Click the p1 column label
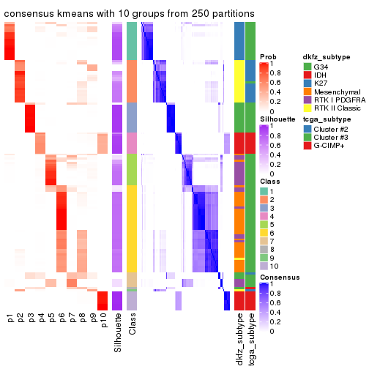coord(10,320)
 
